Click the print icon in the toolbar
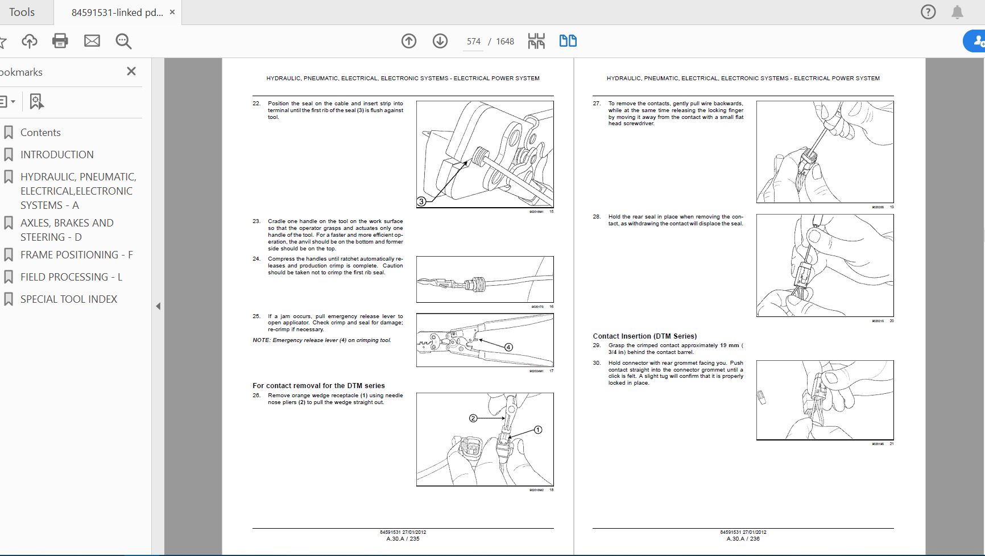pos(60,41)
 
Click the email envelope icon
pos(92,41)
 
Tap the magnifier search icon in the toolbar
pos(123,41)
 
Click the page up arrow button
pos(409,41)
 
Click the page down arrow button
pos(440,41)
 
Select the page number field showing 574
pos(473,42)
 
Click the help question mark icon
pos(928,12)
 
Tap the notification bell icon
pos(958,12)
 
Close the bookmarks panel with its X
pos(131,71)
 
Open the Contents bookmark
pos(40,133)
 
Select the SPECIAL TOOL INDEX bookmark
pos(69,299)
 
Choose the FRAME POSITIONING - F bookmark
pos(76,255)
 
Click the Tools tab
pos(22,12)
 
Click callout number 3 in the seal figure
pos(421,201)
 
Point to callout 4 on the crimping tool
pos(508,347)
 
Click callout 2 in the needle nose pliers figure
pos(473,418)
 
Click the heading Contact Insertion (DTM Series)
pos(644,336)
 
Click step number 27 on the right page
pos(597,104)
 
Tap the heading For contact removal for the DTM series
pos(318,386)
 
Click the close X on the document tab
pos(172,12)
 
